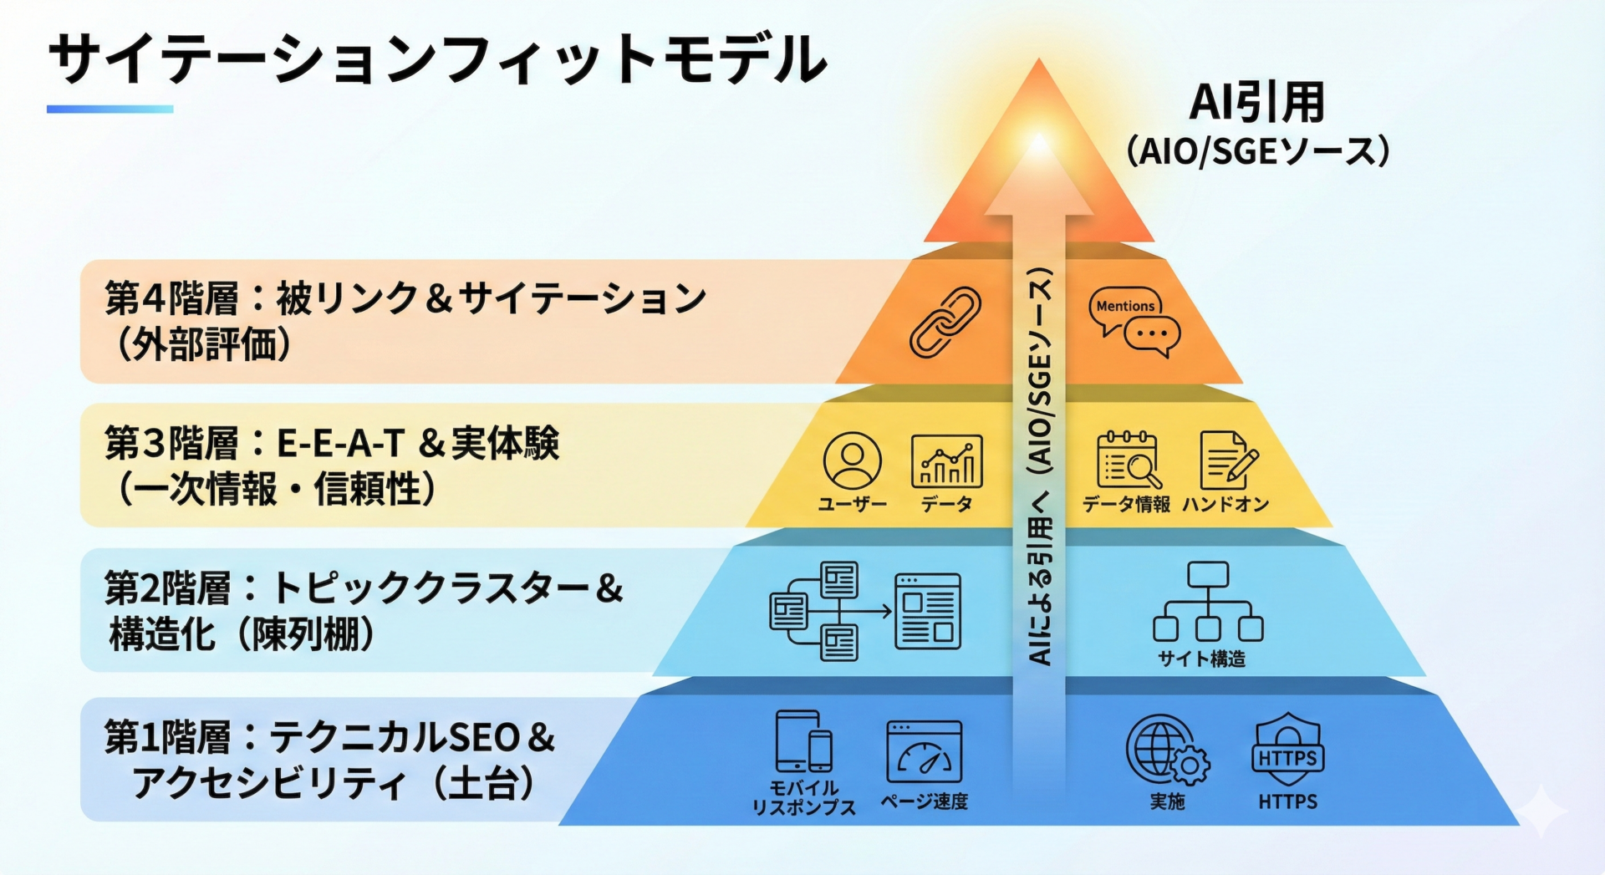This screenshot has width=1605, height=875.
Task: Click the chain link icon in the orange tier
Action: [x=945, y=323]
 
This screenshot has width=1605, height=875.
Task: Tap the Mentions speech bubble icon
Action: [x=1134, y=323]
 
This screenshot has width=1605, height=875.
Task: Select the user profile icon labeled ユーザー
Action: [x=852, y=460]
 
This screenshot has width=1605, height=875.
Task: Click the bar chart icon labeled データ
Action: [x=946, y=460]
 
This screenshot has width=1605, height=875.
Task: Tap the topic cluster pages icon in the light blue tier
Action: [x=864, y=611]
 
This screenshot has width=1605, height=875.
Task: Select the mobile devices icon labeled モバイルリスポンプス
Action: [x=803, y=741]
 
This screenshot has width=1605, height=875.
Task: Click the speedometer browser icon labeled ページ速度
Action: [x=924, y=752]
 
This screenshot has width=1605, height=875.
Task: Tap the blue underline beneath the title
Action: [x=110, y=109]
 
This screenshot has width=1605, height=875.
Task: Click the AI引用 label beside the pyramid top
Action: [x=1256, y=103]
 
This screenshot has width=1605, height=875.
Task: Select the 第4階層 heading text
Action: [x=171, y=299]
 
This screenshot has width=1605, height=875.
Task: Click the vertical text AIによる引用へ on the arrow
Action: [x=1039, y=585]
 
